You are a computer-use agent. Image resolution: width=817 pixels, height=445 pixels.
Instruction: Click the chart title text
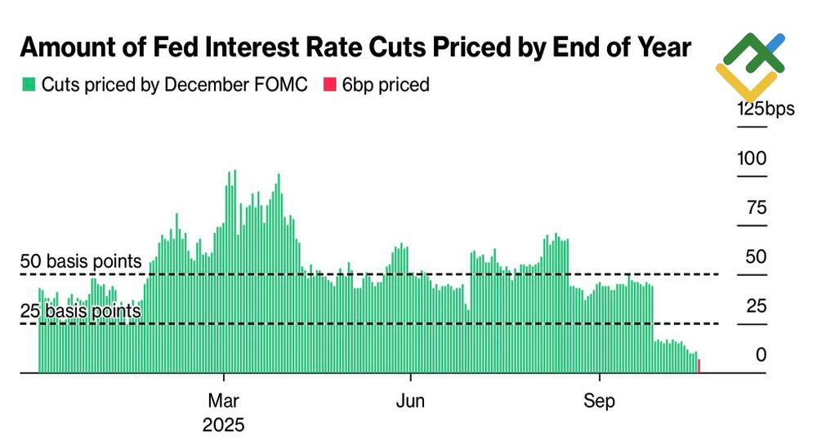point(355,47)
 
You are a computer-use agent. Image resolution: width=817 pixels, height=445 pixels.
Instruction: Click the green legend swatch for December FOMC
point(29,85)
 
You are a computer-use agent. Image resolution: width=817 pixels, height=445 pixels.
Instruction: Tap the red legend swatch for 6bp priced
point(329,85)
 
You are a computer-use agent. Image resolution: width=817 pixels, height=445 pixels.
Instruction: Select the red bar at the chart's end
point(699,365)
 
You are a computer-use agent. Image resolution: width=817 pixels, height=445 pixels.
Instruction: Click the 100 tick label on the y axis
point(752,158)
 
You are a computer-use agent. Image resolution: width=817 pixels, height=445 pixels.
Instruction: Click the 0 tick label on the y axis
point(761,355)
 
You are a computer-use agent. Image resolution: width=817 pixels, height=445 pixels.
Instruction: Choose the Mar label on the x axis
point(224,402)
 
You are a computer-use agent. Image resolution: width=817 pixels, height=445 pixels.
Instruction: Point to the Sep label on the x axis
point(600,402)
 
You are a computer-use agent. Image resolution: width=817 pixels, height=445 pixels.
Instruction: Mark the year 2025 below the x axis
point(224,425)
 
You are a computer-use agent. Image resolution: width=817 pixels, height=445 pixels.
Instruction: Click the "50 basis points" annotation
point(81,262)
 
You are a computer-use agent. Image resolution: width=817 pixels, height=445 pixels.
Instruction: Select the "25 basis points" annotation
point(81,311)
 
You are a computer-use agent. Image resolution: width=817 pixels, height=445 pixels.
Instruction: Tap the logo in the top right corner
point(749,65)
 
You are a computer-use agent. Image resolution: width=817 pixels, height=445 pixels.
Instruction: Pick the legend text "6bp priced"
point(386,85)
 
